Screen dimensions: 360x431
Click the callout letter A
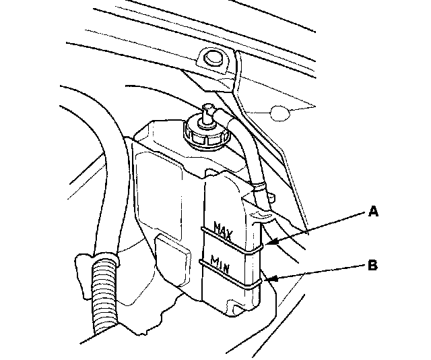tap(373, 212)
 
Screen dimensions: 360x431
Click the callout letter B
tap(372, 266)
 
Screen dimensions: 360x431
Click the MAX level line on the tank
tap(229, 241)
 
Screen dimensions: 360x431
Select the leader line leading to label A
tap(317, 227)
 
